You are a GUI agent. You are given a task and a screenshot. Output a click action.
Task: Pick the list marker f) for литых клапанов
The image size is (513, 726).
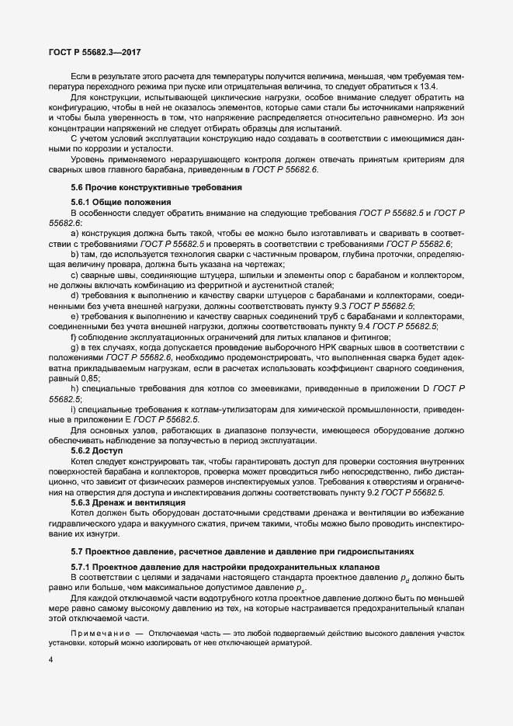click(x=74, y=336)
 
